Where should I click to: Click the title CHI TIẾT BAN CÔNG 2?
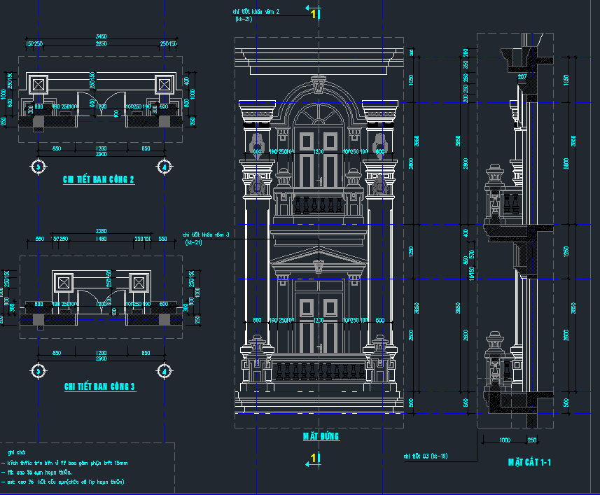click(99, 179)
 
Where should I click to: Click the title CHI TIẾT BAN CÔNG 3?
click(99, 386)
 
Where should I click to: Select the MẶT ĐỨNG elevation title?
click(321, 436)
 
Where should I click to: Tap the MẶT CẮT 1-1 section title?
click(530, 463)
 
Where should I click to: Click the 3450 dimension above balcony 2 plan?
click(101, 36)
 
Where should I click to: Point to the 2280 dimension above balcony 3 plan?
click(102, 231)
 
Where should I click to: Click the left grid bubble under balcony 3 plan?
click(38, 370)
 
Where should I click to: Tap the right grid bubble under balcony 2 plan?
click(164, 167)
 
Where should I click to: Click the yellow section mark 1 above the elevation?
click(314, 12)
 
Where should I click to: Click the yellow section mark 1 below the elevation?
click(314, 458)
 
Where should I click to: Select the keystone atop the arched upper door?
click(319, 88)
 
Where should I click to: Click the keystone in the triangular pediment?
click(319, 266)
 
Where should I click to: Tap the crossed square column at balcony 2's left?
click(39, 85)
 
